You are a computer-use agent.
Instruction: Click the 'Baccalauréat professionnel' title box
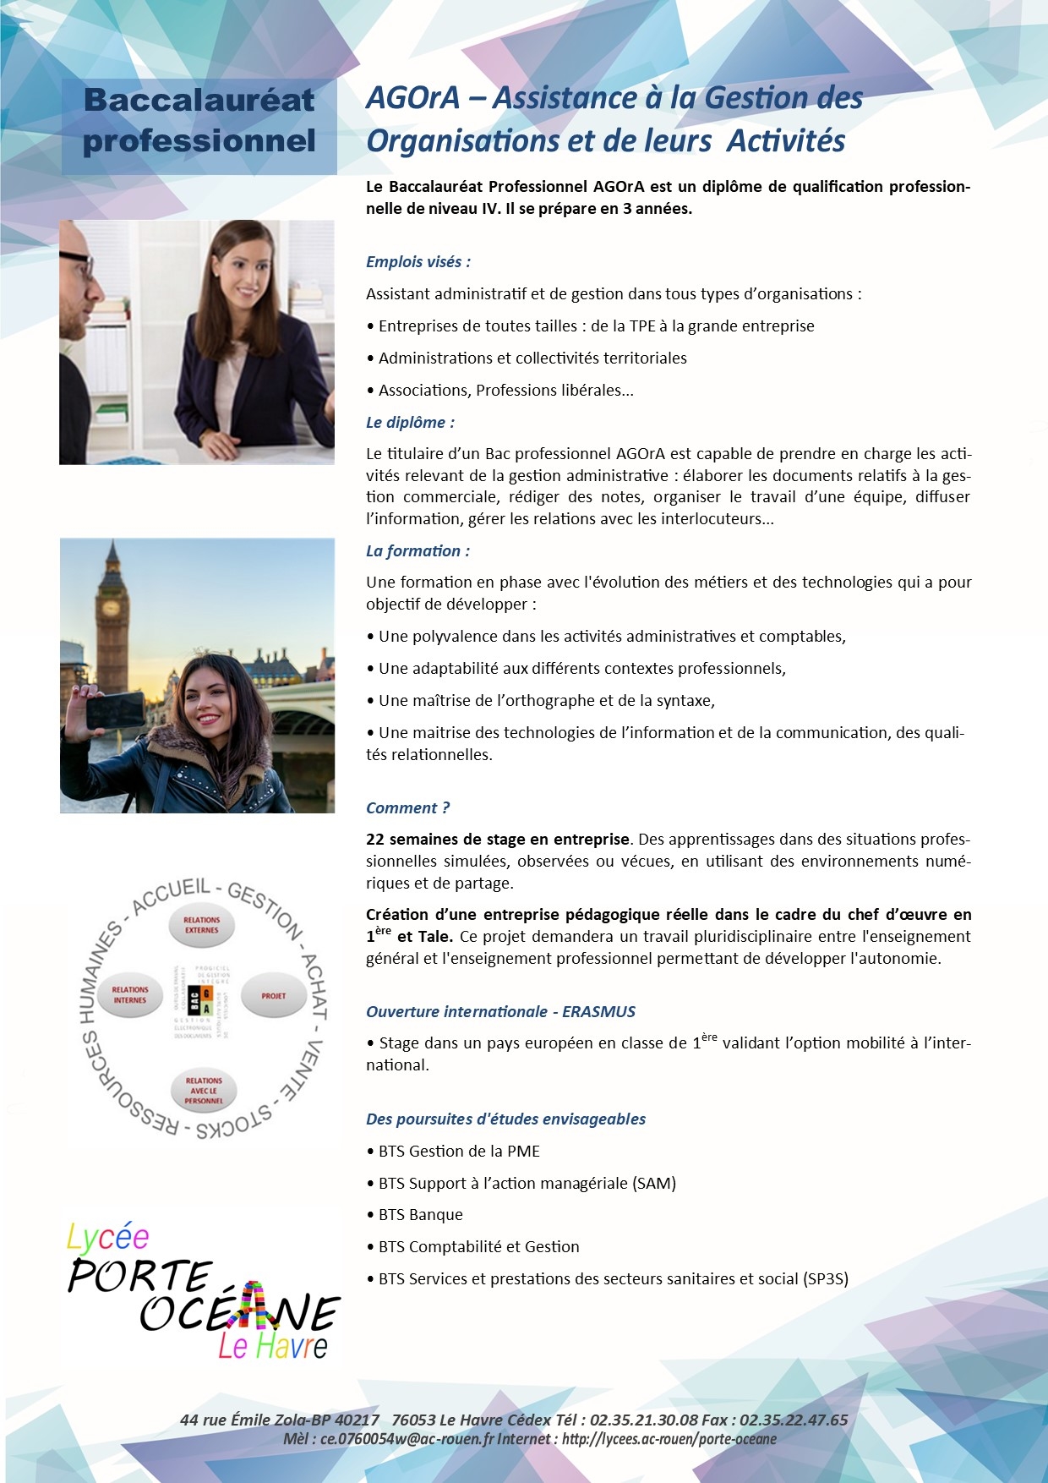pos(199,121)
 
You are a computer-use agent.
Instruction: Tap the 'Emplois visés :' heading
pos(418,262)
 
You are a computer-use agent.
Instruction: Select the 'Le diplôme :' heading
pos(410,423)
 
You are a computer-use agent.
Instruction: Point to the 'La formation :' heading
pos(418,551)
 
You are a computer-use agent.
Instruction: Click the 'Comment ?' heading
pos(407,808)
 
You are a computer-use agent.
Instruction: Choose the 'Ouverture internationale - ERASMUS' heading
pos(500,1012)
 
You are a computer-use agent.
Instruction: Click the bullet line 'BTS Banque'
pos(420,1215)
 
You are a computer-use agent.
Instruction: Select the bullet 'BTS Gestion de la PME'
pos(458,1152)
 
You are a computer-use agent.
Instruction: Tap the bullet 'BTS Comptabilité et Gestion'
pos(478,1247)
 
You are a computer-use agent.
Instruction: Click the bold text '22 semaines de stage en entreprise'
pos(498,840)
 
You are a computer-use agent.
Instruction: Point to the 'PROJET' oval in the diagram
pos(273,996)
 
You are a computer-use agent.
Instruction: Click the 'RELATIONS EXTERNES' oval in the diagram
pos(201,925)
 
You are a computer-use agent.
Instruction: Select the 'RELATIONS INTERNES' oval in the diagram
pos(130,995)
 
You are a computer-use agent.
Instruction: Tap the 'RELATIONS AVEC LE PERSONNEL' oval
pos(204,1091)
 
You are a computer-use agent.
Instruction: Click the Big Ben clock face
pos(110,608)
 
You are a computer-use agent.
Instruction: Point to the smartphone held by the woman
pos(116,709)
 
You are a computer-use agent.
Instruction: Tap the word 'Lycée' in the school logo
pos(108,1238)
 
